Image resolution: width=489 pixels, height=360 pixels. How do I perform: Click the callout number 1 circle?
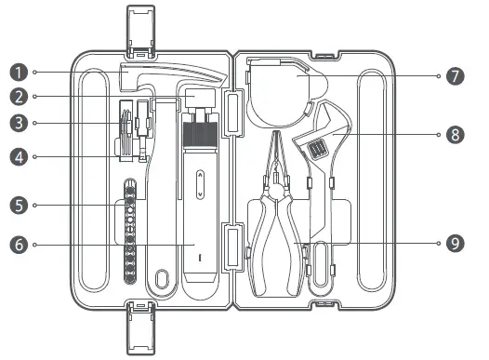[16, 72]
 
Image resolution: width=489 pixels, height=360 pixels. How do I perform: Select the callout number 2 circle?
[16, 95]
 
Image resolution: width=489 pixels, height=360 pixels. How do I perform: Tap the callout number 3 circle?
[16, 122]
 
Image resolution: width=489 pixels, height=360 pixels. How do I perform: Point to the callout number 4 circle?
[16, 157]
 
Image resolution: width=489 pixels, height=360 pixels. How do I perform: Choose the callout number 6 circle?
[16, 245]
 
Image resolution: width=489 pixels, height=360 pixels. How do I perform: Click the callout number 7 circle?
[455, 76]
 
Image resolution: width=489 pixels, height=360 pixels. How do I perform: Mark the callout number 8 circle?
[455, 135]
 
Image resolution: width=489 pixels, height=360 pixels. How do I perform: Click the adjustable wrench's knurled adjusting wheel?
[318, 147]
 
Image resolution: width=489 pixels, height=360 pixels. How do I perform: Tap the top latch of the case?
[141, 33]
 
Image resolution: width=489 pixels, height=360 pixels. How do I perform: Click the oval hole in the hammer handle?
[164, 278]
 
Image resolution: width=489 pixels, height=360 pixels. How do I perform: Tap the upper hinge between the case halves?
[235, 107]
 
